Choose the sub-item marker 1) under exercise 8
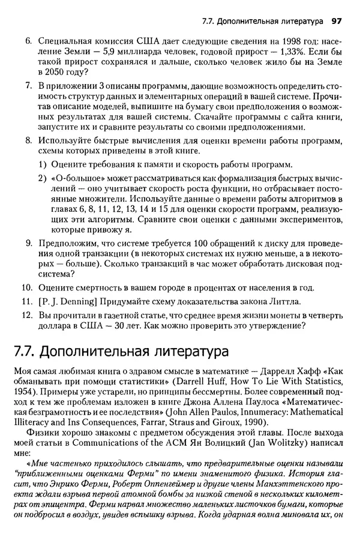pyautogui.click(x=43, y=164)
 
